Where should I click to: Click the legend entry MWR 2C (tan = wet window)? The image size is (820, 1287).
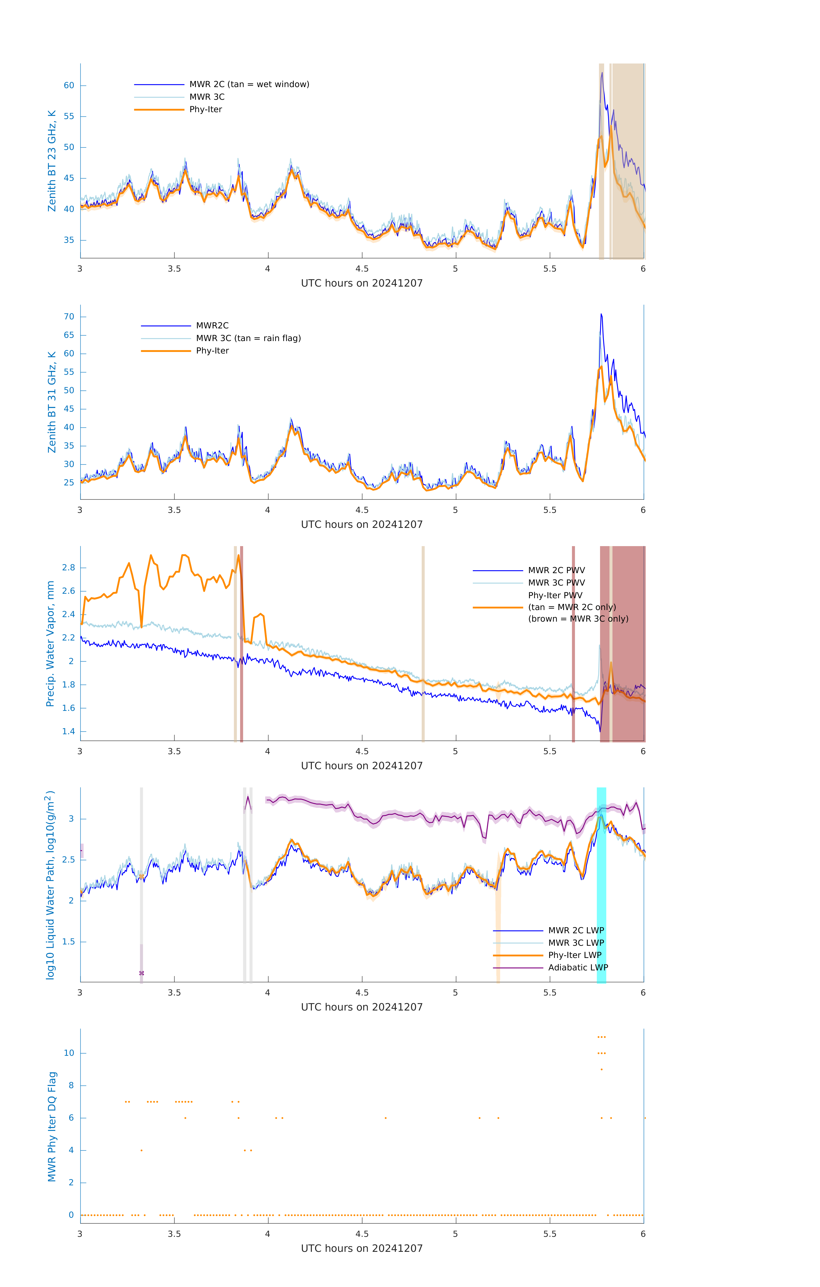tap(249, 85)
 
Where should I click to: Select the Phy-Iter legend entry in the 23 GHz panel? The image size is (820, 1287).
tap(206, 110)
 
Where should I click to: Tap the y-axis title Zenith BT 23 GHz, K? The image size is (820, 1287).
tap(52, 161)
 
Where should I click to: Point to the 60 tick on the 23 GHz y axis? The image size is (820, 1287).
tap(69, 86)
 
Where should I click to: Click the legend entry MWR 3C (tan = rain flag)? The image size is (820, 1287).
tap(248, 338)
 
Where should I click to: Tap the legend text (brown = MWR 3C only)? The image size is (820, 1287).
tap(578, 619)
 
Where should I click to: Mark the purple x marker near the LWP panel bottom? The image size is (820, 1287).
tap(141, 973)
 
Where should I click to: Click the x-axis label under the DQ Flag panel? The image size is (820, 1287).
tap(362, 1249)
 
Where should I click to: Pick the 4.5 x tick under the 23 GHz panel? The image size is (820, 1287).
tap(362, 269)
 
